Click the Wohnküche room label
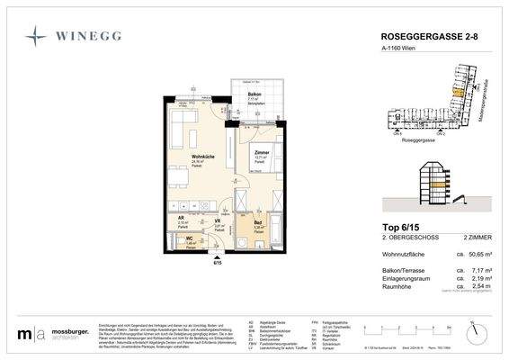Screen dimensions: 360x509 point(202,157)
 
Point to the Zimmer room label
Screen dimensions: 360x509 point(262,153)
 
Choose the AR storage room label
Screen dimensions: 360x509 point(180,219)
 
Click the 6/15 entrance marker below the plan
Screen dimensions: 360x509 point(216,262)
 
